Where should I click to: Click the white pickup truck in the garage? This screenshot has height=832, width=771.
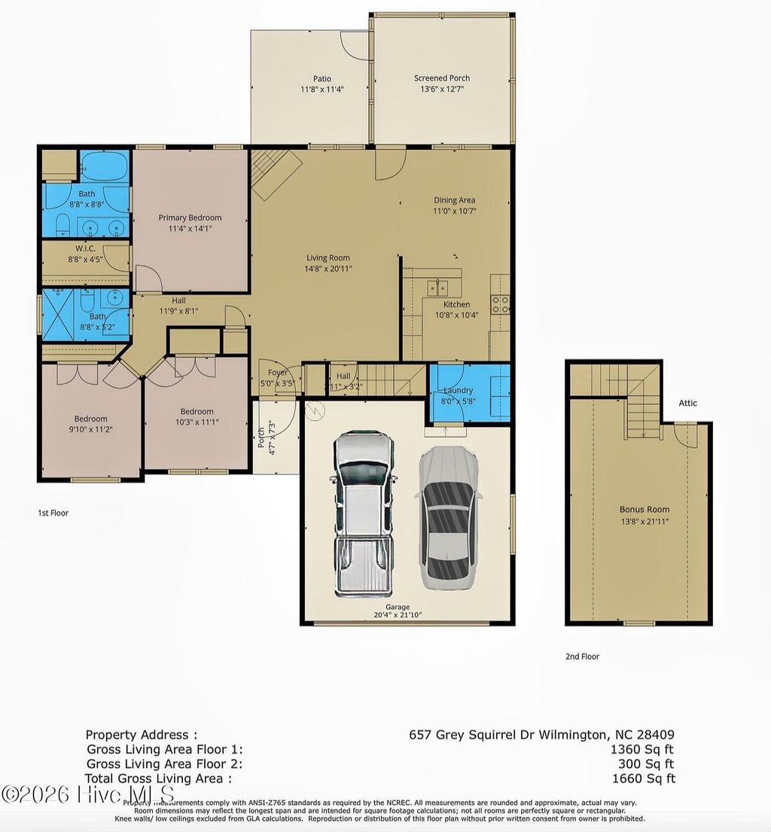click(364, 514)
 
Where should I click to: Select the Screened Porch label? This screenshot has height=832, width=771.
click(442, 78)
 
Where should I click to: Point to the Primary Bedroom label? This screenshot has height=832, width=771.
click(190, 218)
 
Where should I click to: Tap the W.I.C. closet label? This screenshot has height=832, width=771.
click(84, 248)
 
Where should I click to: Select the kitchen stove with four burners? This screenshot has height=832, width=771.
click(500, 304)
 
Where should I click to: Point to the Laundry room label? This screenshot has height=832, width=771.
click(458, 390)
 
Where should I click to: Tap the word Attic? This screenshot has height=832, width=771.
click(687, 404)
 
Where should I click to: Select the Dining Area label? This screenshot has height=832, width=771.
click(454, 200)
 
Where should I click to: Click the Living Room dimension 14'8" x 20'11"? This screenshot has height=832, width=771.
click(328, 269)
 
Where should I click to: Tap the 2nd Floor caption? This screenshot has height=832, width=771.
click(582, 657)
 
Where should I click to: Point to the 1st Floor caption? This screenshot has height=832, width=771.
click(53, 514)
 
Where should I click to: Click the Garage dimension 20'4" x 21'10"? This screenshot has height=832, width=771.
click(398, 615)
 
